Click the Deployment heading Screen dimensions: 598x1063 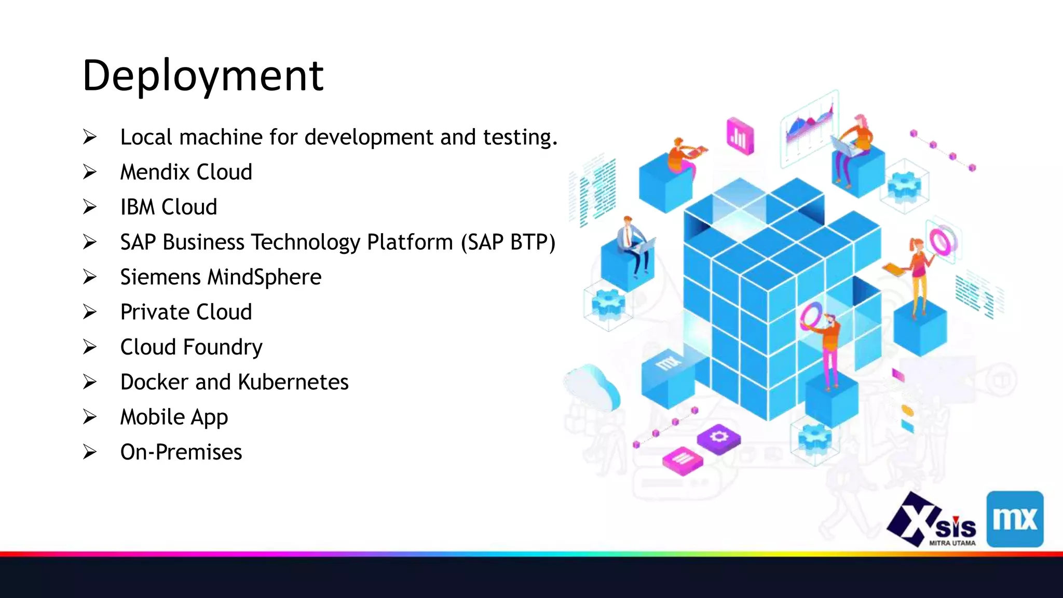(203, 76)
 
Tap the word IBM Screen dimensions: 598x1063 (138, 207)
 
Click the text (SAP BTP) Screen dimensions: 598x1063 (508, 242)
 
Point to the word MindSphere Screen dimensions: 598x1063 (264, 277)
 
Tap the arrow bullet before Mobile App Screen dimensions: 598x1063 (90, 417)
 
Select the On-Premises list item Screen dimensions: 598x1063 (181, 452)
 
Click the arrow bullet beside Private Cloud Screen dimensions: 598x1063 (90, 312)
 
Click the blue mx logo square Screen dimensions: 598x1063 (1015, 519)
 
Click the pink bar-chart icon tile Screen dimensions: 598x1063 (740, 137)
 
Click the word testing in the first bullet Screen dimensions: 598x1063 (520, 138)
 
